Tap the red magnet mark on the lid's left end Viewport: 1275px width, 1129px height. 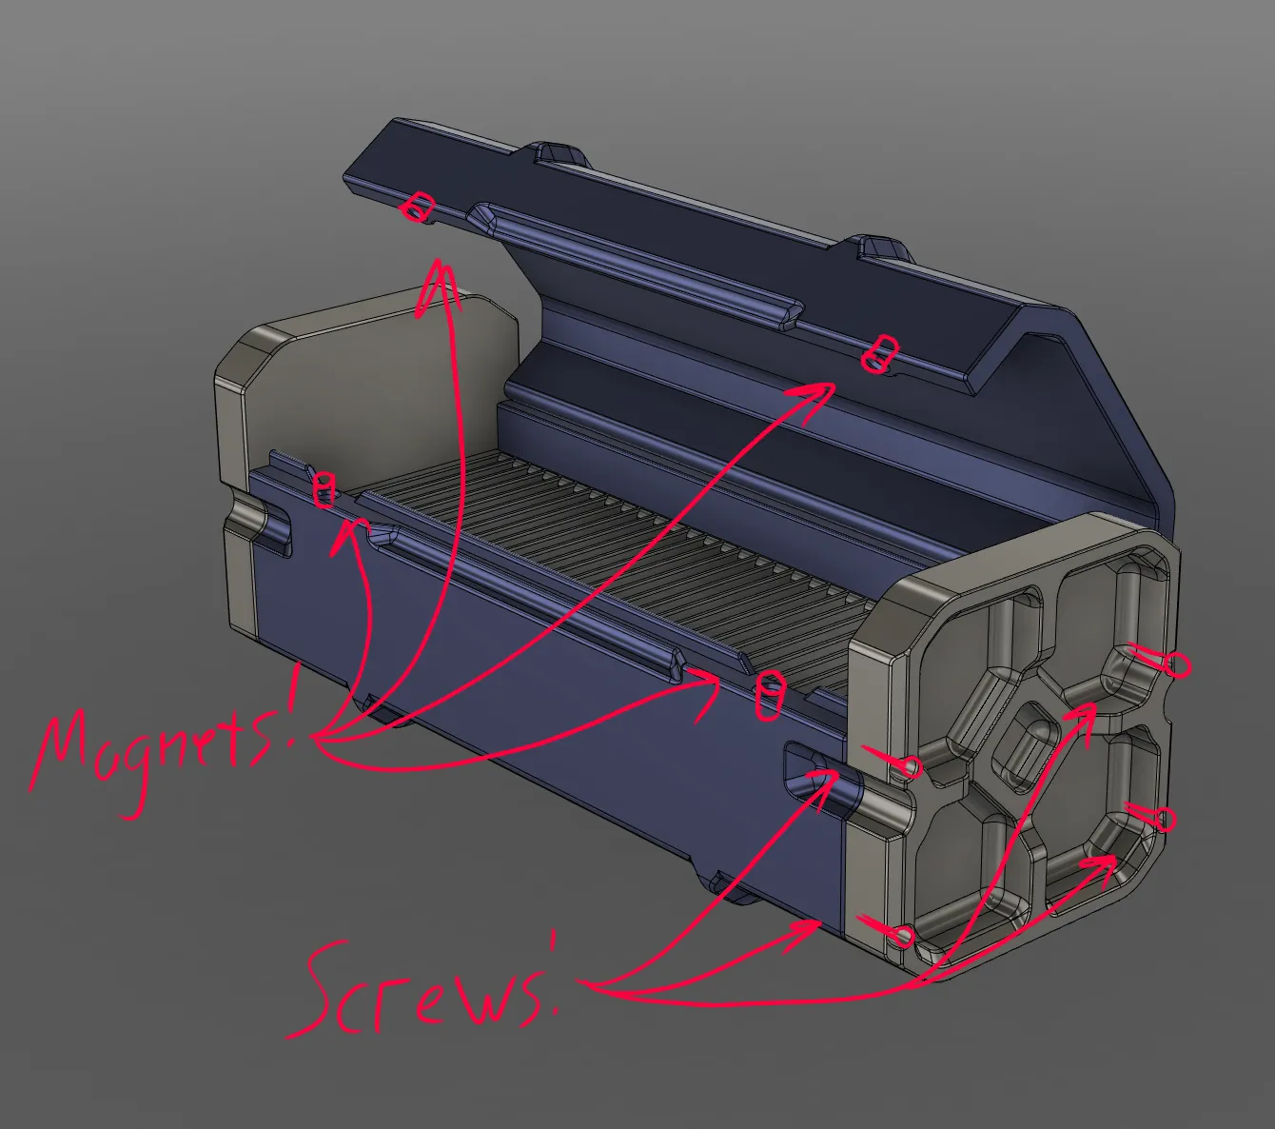(x=419, y=208)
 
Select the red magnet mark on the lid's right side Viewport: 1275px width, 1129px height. (x=880, y=354)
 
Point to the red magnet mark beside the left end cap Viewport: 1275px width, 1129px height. (x=324, y=489)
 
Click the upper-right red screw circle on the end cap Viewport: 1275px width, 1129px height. (x=1175, y=665)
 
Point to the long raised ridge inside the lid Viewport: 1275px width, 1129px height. (x=636, y=265)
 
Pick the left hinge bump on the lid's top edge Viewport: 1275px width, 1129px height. (x=560, y=153)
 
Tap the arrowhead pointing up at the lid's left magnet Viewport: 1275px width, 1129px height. (x=438, y=287)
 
